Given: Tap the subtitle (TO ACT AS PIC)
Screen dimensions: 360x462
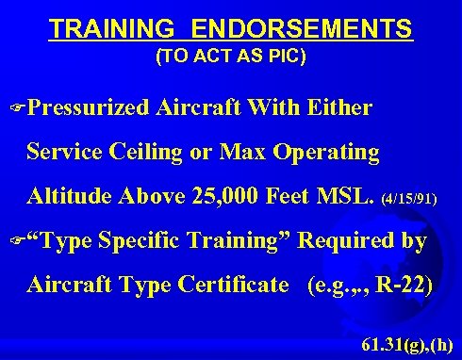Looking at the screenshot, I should click(x=230, y=57).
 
